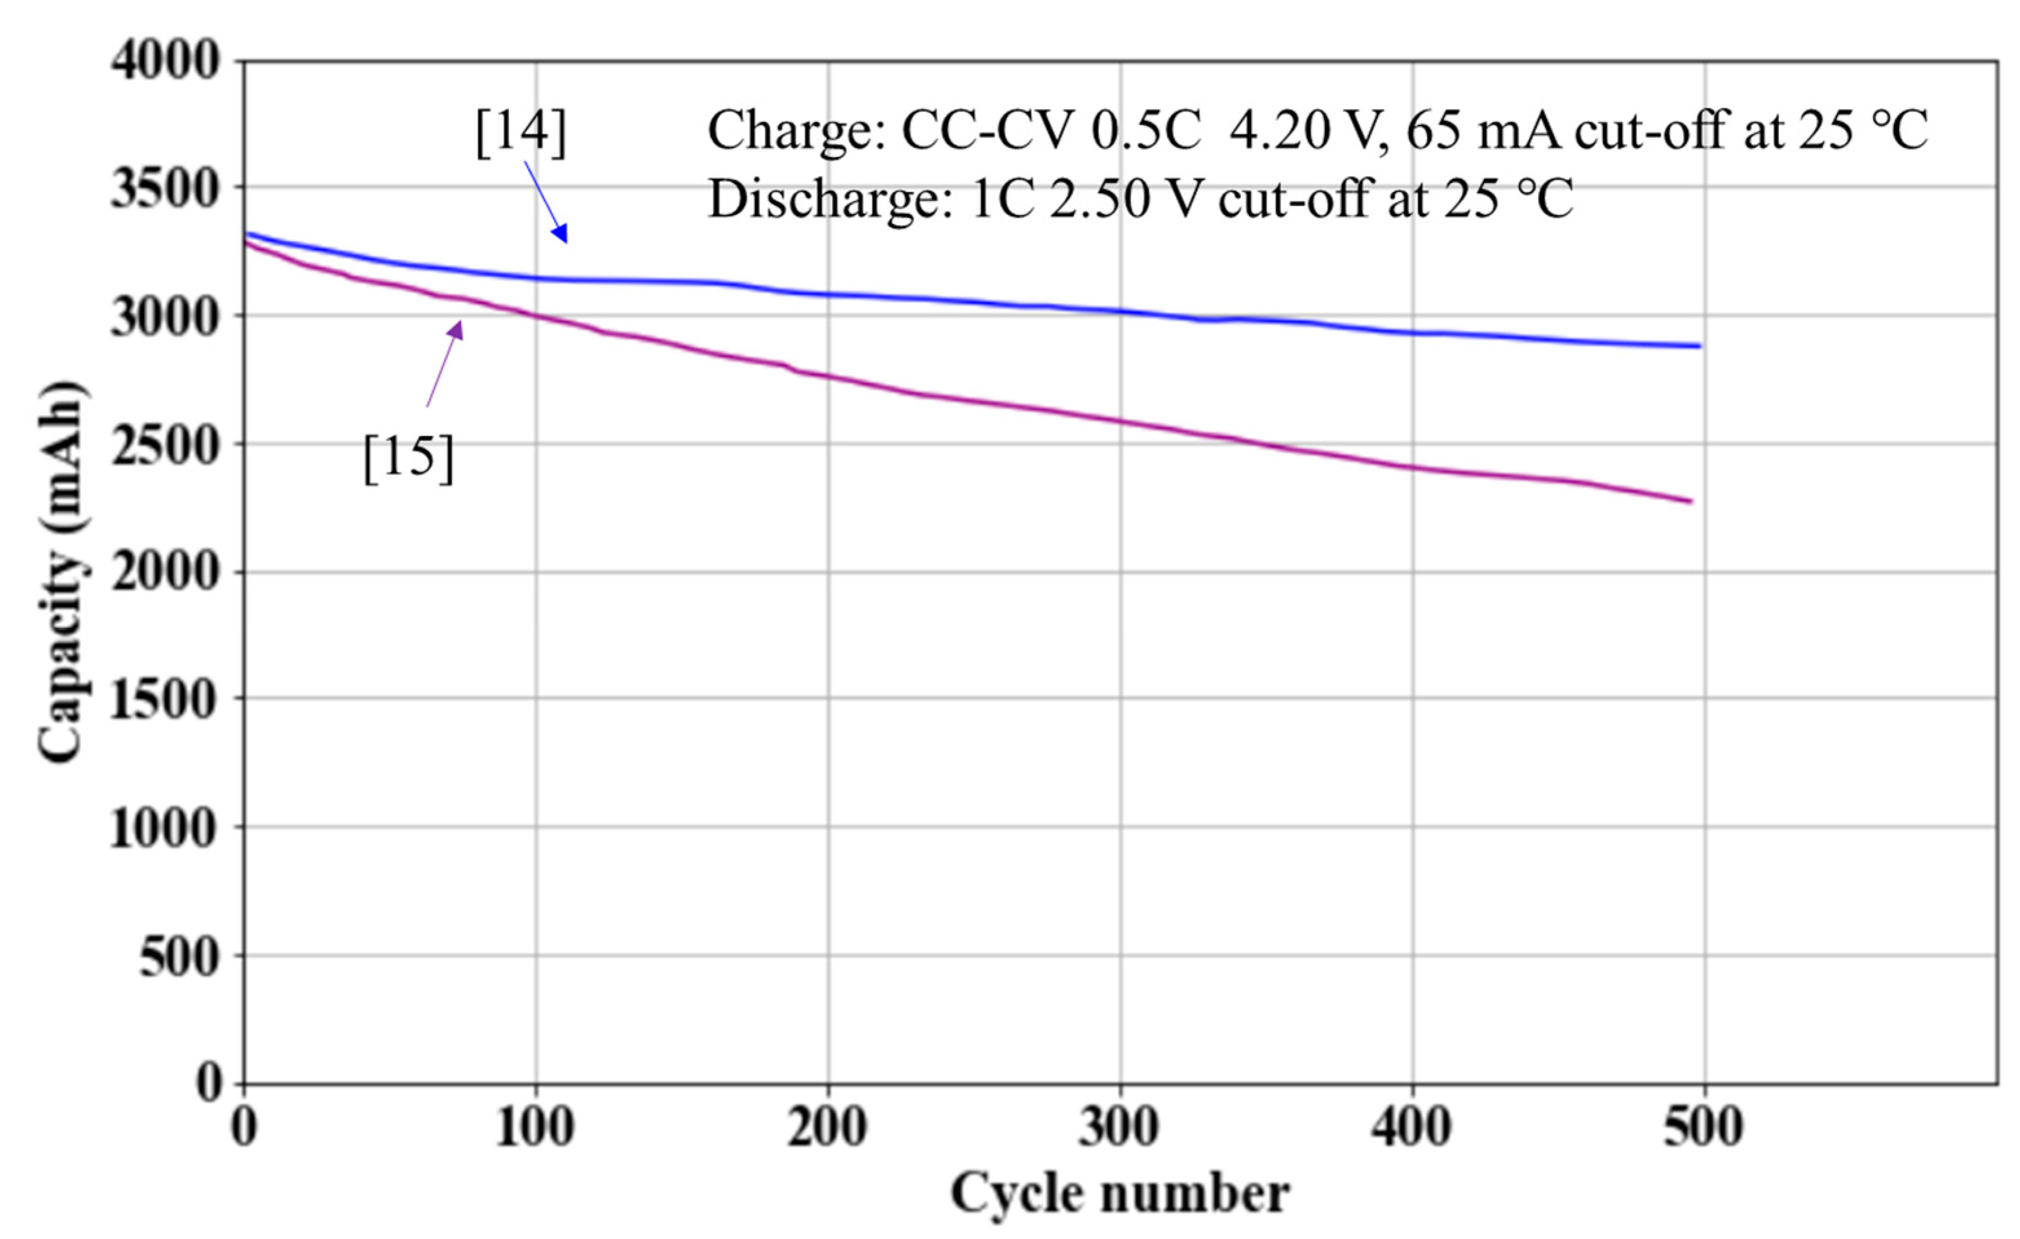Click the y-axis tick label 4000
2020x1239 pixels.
[165, 61]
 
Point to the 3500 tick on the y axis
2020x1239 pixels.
[165, 189]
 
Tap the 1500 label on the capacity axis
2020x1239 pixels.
[165, 701]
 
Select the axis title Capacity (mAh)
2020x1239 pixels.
[62, 572]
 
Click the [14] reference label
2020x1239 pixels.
[520, 133]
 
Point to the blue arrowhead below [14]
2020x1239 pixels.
[560, 234]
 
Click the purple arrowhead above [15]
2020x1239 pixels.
[456, 329]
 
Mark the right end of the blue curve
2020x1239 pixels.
[1699, 346]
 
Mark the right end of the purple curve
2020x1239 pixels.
[1690, 501]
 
